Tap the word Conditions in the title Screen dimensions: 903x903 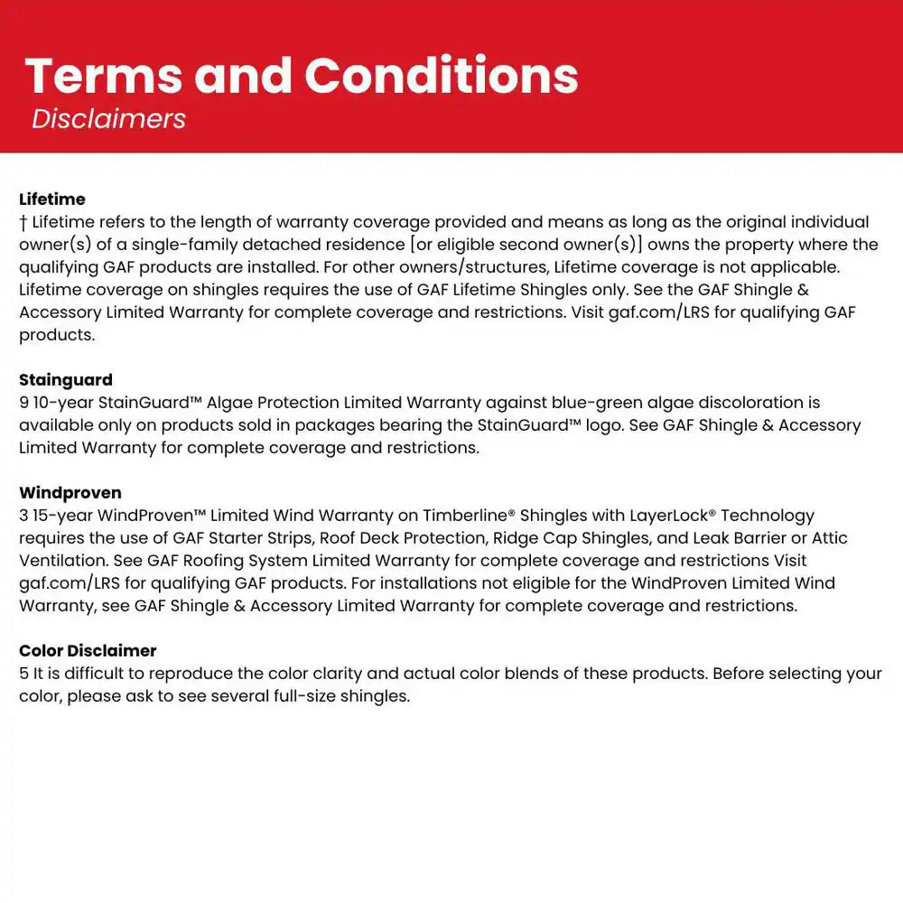click(442, 76)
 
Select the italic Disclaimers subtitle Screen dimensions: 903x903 click(108, 118)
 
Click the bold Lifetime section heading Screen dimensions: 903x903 click(52, 199)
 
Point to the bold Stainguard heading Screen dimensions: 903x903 click(66, 379)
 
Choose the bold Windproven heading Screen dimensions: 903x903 click(70, 493)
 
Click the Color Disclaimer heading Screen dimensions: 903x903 click(88, 650)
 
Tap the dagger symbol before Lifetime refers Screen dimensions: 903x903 click(23, 222)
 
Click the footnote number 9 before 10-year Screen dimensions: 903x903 click(23, 403)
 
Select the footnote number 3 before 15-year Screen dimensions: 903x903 click(23, 516)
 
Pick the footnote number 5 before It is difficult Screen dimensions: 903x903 click(23, 674)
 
